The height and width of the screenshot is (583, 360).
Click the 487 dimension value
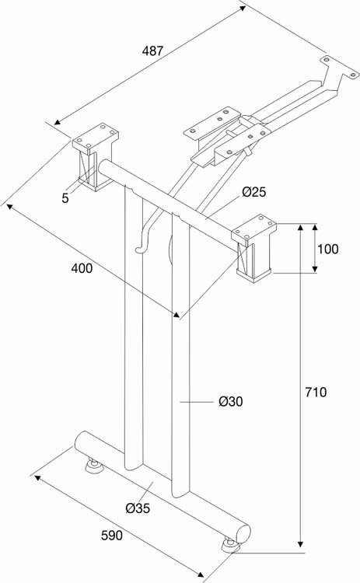click(x=152, y=51)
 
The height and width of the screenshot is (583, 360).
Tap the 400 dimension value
click(x=82, y=267)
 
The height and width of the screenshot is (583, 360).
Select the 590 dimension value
click(x=111, y=536)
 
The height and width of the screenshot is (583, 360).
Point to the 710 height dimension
click(x=316, y=392)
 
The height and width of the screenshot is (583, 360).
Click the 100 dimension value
click(x=327, y=249)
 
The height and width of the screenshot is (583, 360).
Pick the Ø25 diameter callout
click(x=254, y=192)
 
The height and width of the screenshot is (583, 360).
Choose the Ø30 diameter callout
click(x=231, y=401)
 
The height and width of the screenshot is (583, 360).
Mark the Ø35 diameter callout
click(x=138, y=508)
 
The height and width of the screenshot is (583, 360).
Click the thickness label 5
click(x=65, y=198)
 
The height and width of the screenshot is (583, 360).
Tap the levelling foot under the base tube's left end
click(x=94, y=466)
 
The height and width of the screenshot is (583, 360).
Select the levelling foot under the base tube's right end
click(x=231, y=545)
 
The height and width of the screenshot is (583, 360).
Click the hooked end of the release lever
click(x=141, y=250)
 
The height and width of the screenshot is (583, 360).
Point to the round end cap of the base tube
click(x=243, y=534)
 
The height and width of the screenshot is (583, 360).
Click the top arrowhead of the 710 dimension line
click(x=300, y=227)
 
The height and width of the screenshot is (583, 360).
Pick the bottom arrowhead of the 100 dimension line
click(x=315, y=269)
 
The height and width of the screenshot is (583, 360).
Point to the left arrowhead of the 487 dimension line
click(x=58, y=122)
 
